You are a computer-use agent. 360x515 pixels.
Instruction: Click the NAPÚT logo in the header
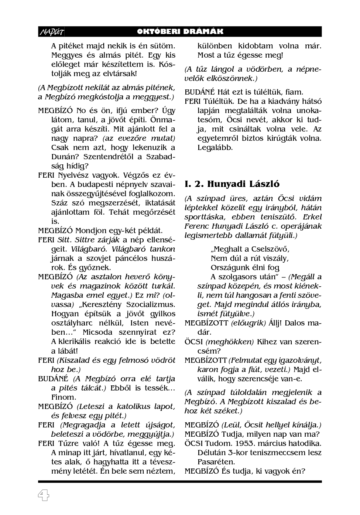pos(51,32)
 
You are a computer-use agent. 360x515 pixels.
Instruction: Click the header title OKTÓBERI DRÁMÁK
pos(180,32)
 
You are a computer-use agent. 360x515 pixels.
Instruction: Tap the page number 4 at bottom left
pos(43,495)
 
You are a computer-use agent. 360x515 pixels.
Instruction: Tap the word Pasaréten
pos(216,462)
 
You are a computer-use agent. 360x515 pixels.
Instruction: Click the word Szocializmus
pos(151,304)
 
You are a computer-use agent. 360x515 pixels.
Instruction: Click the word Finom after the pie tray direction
pos(64,397)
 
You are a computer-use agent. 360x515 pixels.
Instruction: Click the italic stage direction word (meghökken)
pos(229,342)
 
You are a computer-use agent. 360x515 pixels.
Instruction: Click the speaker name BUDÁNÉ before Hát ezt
pos(200,92)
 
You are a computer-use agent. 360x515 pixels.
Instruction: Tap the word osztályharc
pos(73,323)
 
